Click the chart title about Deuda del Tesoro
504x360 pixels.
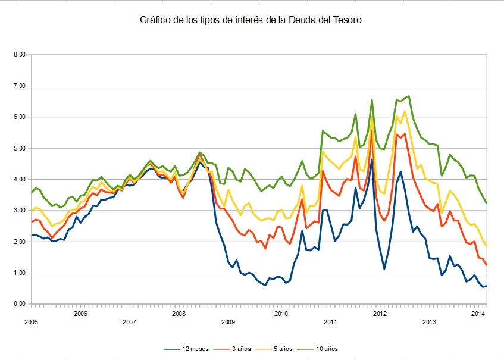click(251, 20)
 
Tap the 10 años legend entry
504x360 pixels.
click(330, 349)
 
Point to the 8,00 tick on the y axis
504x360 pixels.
click(20, 55)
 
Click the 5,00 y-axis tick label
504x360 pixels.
click(20, 148)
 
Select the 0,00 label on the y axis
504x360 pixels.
click(20, 304)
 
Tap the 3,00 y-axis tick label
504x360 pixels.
click(20, 211)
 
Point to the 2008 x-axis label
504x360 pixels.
click(179, 314)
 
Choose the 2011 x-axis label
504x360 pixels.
click(330, 323)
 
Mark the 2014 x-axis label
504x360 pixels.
click(478, 314)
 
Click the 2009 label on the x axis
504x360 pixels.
click(228, 323)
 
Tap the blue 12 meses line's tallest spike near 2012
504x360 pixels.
click(372, 159)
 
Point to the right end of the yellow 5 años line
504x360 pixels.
click(487, 246)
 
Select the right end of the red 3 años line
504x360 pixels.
click(487, 265)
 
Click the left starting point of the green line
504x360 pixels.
click(32, 192)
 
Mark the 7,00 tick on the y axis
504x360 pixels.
click(20, 86)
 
